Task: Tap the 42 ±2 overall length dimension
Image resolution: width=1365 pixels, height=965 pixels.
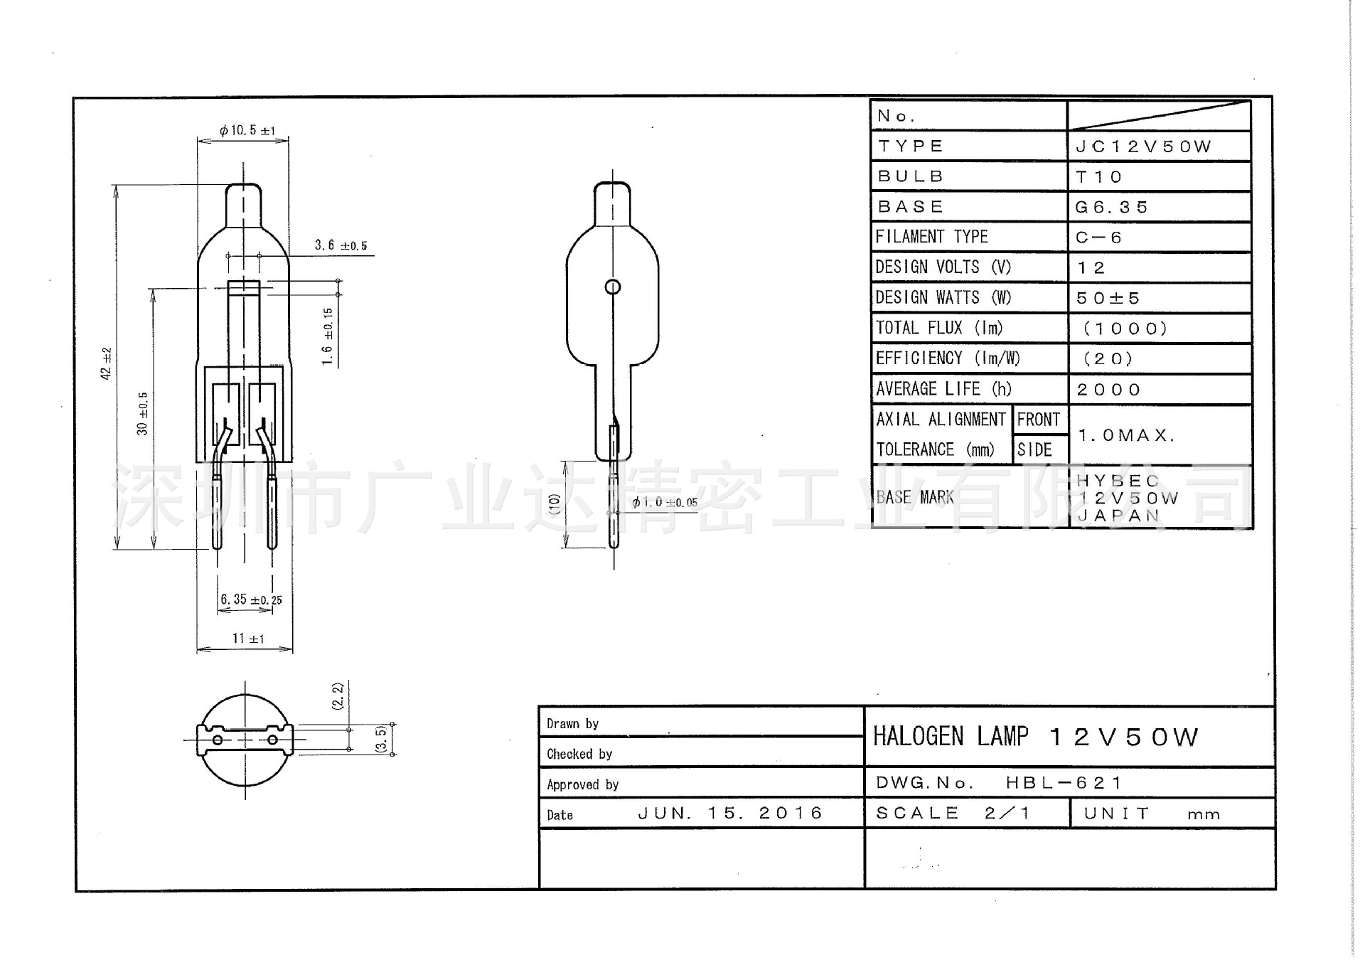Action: [107, 363]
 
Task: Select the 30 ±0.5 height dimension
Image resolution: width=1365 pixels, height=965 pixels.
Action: [143, 413]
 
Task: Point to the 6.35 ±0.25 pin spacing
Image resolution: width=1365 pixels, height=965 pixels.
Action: [251, 599]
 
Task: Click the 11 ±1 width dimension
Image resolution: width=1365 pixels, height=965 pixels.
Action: [247, 639]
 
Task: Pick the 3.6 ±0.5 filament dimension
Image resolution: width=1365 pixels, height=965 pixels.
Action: [341, 245]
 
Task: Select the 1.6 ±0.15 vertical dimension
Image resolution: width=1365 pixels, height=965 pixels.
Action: [327, 336]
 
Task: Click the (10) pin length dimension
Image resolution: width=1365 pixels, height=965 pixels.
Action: [555, 503]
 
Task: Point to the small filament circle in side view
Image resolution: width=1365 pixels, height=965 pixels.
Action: [613, 287]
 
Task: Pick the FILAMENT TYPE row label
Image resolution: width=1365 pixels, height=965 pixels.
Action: [931, 237]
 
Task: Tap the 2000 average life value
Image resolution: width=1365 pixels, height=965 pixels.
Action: [1108, 390]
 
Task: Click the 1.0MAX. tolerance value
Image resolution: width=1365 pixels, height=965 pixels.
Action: [1127, 434]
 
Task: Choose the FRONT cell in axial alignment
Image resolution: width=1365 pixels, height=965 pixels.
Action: [1038, 420]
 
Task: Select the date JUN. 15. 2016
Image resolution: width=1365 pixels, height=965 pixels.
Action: [730, 813]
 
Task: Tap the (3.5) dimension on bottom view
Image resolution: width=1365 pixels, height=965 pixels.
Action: [381, 738]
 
